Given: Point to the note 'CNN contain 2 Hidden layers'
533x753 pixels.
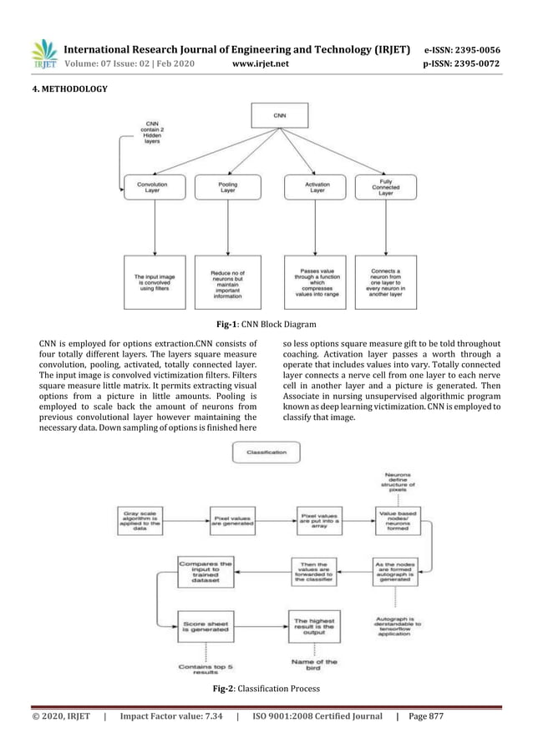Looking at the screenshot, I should point(152,133).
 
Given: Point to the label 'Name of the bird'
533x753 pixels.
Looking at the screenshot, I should point(315,665).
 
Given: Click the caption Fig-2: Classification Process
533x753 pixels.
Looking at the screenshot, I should point(266,689).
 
